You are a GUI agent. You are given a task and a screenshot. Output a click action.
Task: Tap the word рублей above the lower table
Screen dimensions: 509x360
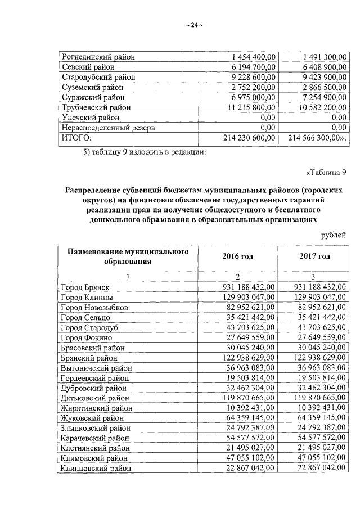pos(333,235)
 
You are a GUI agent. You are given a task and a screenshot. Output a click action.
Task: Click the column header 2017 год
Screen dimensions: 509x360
pos(314,256)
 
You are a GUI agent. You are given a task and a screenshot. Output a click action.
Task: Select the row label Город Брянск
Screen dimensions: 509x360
pos(85,287)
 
